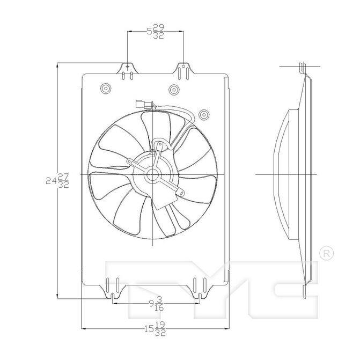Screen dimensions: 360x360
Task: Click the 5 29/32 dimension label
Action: pos(156,32)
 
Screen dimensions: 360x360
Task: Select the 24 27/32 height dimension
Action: pos(57,181)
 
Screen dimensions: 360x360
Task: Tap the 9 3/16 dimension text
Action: pos(156,304)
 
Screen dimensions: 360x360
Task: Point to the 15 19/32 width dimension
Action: pos(155,329)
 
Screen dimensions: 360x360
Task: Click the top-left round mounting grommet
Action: pos(106,88)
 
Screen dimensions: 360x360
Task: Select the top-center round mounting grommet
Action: pos(174,90)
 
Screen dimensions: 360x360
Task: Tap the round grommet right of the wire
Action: pos(204,114)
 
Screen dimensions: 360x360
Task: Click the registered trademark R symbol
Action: pos(327,253)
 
